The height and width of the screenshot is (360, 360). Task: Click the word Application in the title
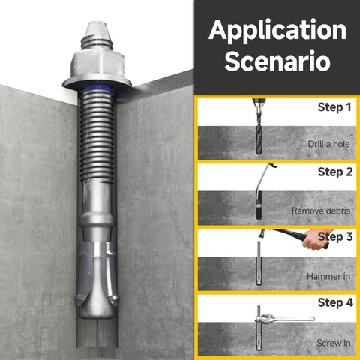pyautogui.click(x=277, y=31)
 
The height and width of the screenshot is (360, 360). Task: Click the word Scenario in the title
pyautogui.click(x=277, y=61)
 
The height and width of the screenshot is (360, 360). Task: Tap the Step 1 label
pyautogui.click(x=334, y=107)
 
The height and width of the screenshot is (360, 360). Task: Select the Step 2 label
pyautogui.click(x=334, y=172)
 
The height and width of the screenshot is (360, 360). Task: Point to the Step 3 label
pyautogui.click(x=334, y=237)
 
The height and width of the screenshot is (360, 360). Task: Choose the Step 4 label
pyautogui.click(x=334, y=302)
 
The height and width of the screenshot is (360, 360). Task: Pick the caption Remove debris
pyautogui.click(x=322, y=211)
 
